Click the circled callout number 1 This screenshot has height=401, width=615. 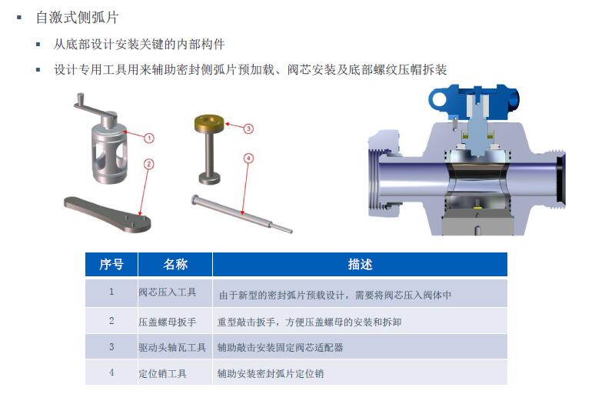pos(149,139)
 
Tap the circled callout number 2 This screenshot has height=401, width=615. pos(148,164)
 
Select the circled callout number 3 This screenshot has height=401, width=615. pos(248,129)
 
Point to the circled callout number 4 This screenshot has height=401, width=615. pos(248,159)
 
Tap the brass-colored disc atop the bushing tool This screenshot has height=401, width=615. pos(209,123)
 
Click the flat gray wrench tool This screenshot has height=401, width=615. pos(107,215)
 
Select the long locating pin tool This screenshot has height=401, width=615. pos(241,214)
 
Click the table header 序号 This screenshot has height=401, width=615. pos(111,264)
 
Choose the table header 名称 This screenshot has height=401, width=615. pos(175,264)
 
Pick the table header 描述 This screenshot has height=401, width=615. pos(360,264)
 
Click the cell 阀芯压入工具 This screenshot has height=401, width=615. pos(168,292)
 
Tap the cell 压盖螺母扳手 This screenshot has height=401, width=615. pos(168,322)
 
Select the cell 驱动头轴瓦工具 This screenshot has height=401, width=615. pos(172,347)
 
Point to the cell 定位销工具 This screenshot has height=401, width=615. pos(162,373)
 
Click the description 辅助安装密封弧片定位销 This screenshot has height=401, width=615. pos(271,373)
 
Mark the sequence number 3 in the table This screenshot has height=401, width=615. pos(111,347)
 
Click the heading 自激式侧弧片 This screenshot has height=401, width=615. pos(78,18)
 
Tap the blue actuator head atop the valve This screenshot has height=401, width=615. pos(474,102)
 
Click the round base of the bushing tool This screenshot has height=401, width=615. pos(209,179)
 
